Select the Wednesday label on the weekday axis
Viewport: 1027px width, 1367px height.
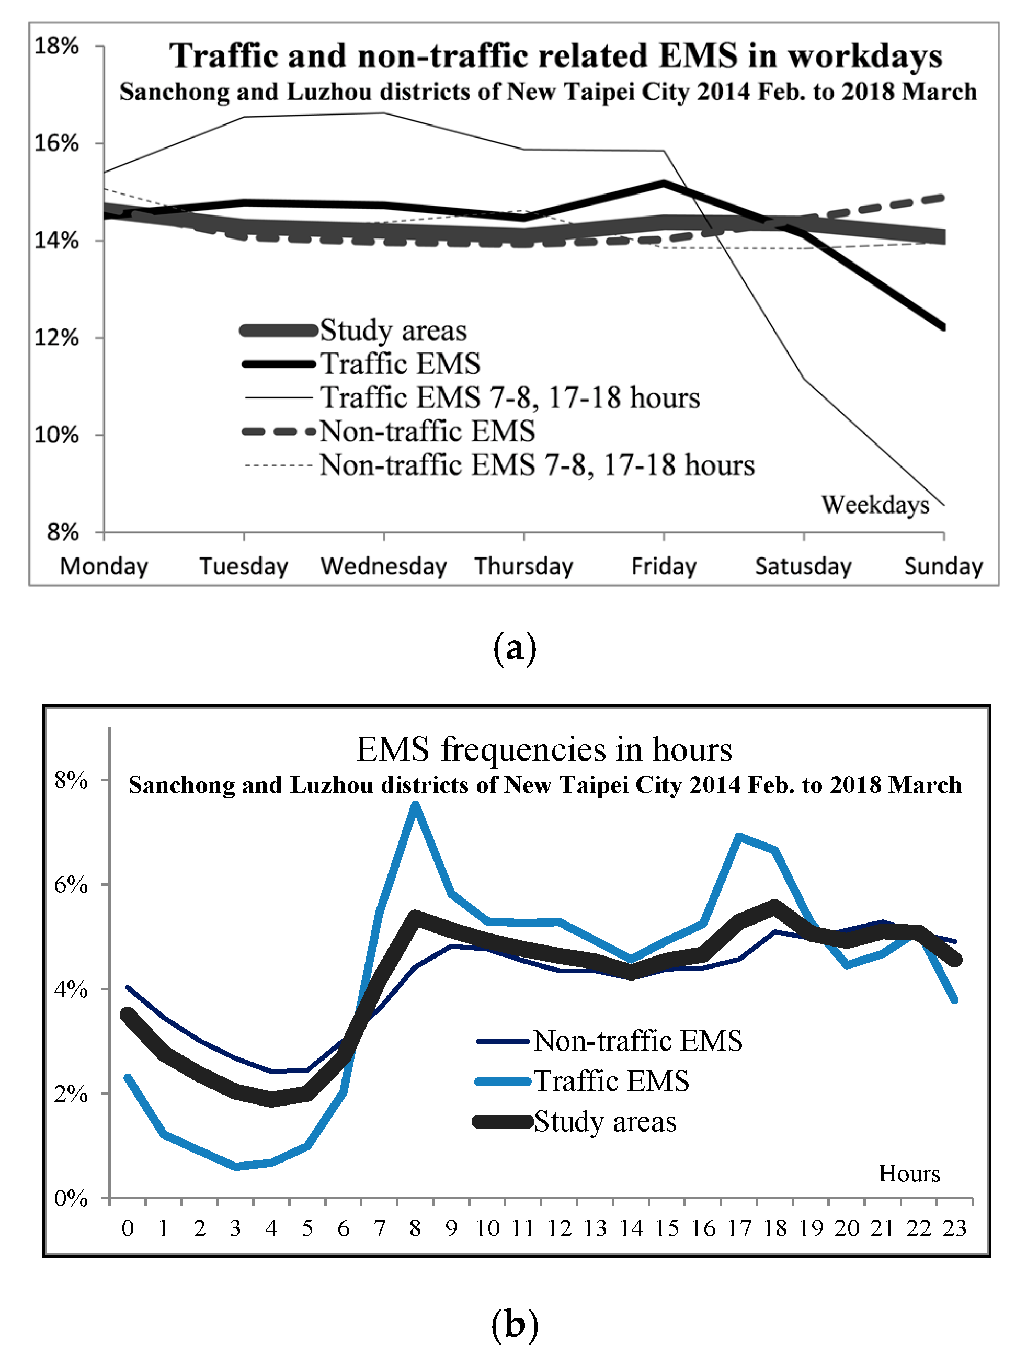[x=384, y=566]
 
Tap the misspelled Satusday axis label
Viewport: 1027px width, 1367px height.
[x=803, y=566]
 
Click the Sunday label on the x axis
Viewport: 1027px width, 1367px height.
[x=943, y=566]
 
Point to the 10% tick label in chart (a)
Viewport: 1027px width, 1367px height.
[x=56, y=435]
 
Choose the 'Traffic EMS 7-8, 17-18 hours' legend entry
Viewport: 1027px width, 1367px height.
[x=510, y=397]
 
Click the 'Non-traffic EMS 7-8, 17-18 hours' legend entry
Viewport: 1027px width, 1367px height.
[x=537, y=465]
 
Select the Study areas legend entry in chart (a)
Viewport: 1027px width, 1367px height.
[x=393, y=330]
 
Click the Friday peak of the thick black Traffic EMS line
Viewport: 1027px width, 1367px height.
[x=664, y=183]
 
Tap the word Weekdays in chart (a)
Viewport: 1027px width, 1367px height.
[x=875, y=505]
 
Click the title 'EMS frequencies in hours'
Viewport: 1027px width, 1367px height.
[x=544, y=749]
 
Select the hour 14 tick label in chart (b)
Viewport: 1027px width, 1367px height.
[x=631, y=1228]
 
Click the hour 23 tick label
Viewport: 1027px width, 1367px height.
[x=954, y=1228]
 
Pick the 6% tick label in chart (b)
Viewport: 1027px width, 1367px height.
[x=71, y=884]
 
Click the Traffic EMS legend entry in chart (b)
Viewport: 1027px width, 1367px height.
[x=611, y=1081]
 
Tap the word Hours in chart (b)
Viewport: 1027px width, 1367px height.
[x=909, y=1173]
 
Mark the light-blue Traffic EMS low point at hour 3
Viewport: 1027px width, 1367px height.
[x=236, y=1166]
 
